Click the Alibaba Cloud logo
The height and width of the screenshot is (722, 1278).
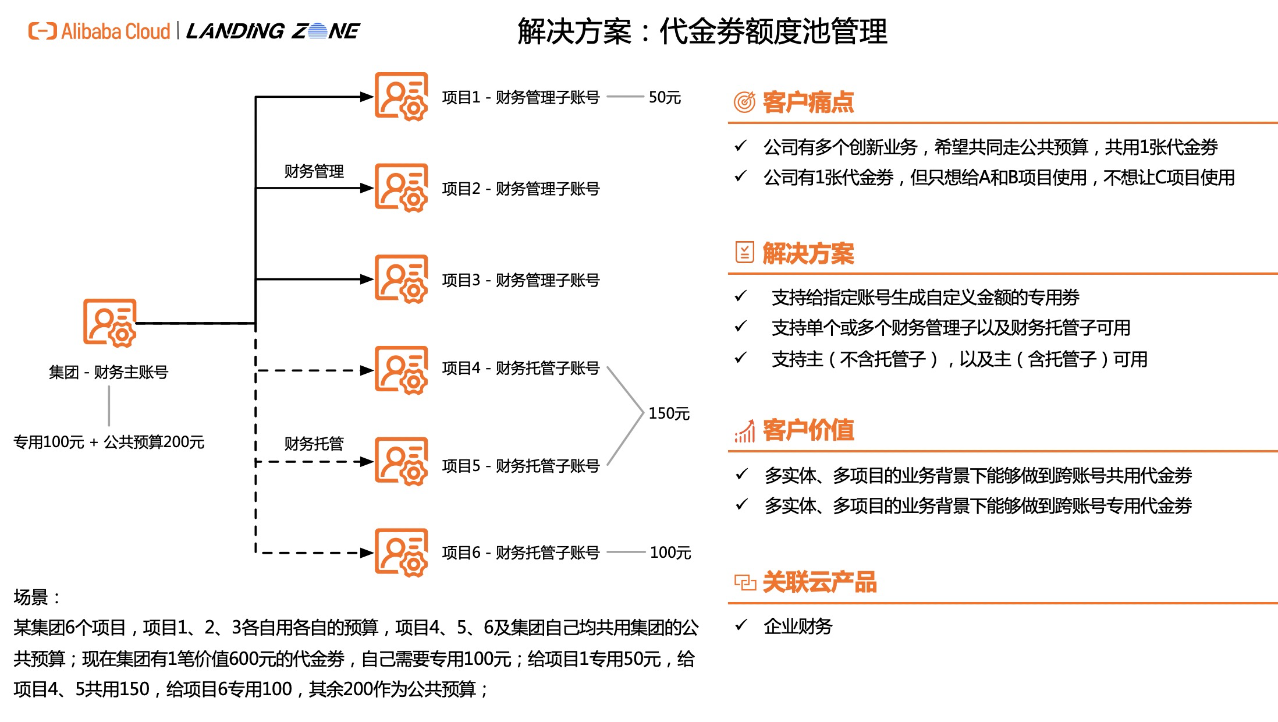click(99, 31)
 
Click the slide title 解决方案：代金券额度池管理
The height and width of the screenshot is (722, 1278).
click(702, 31)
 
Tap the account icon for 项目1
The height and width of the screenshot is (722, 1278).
click(401, 97)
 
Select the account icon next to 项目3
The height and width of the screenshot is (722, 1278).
click(401, 279)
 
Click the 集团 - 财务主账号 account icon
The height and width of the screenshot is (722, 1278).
click(109, 323)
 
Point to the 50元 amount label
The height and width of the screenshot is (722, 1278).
click(665, 97)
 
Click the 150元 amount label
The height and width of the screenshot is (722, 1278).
click(669, 413)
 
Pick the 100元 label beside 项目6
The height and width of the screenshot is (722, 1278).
click(670, 553)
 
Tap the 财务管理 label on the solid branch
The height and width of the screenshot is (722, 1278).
click(314, 171)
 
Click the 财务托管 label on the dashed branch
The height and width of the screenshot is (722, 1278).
click(314, 444)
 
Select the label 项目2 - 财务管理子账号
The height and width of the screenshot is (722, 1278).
click(520, 189)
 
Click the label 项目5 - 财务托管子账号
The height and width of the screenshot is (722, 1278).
click(520, 466)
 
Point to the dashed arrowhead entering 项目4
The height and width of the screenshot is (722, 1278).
click(367, 370)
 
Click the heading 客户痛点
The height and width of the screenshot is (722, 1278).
click(808, 102)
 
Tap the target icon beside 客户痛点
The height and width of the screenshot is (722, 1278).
click(744, 102)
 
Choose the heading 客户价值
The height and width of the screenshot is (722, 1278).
click(808, 430)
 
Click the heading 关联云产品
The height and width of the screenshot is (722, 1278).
click(819, 582)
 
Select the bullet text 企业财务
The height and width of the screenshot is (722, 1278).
click(798, 627)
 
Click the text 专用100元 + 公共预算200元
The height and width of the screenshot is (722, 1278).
click(109, 442)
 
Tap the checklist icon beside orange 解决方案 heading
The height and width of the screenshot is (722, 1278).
click(744, 253)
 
